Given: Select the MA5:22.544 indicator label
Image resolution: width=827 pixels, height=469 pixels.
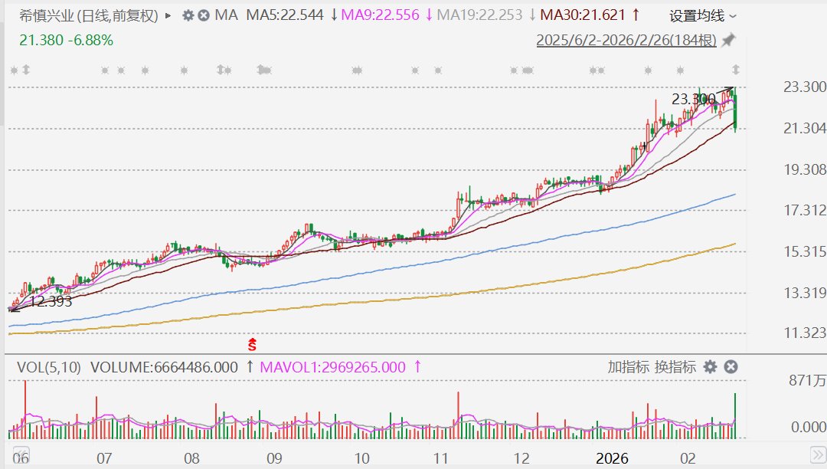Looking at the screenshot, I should pyautogui.click(x=283, y=15).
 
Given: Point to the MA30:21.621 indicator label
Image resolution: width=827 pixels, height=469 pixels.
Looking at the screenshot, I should pyautogui.click(x=583, y=15).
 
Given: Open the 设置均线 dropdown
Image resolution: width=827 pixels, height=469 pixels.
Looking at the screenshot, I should pyautogui.click(x=702, y=15).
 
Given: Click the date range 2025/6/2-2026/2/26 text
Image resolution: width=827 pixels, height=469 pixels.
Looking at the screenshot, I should pyautogui.click(x=626, y=40).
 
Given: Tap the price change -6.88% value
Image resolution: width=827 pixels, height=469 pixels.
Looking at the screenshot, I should pyautogui.click(x=90, y=40).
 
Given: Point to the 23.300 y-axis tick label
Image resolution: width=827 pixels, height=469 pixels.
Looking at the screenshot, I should pyautogui.click(x=804, y=87).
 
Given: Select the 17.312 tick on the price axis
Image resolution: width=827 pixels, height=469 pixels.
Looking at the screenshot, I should pyautogui.click(x=804, y=210).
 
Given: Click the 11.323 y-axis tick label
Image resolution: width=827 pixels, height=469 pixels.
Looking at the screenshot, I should pyautogui.click(x=804, y=333).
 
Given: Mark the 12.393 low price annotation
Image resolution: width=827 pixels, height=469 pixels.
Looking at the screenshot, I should pyautogui.click(x=51, y=302).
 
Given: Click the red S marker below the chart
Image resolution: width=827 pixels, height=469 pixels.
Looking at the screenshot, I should pyautogui.click(x=252, y=346).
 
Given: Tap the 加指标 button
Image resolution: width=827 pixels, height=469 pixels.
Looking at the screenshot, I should pyautogui.click(x=629, y=367).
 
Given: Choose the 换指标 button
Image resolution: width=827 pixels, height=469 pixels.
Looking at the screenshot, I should pyautogui.click(x=675, y=367).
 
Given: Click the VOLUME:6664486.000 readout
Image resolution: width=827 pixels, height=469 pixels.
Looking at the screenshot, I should pyautogui.click(x=164, y=367).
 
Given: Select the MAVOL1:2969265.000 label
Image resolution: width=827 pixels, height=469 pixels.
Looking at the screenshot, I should pyautogui.click(x=332, y=367).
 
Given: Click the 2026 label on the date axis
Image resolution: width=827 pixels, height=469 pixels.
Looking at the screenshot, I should pyautogui.click(x=612, y=459).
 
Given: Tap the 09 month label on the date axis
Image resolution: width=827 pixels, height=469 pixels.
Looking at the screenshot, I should pyautogui.click(x=274, y=459).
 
